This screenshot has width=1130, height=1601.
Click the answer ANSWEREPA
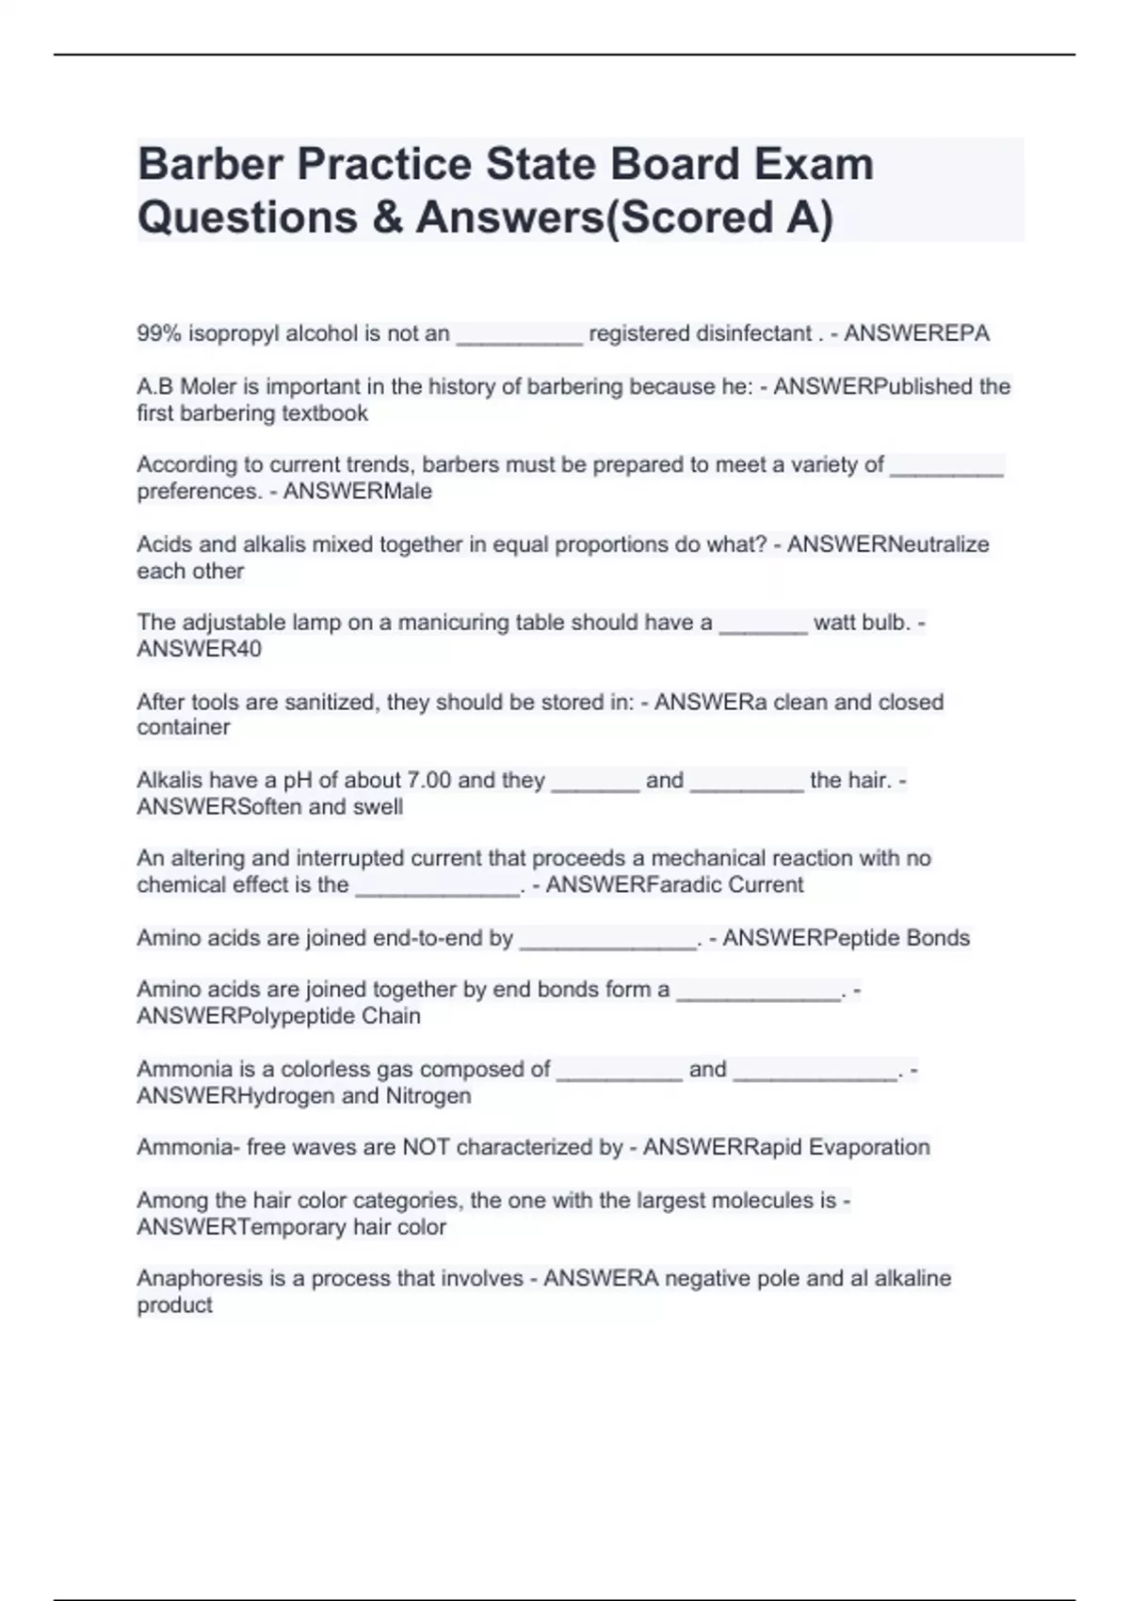click(916, 333)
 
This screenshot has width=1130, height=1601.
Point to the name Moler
click(207, 386)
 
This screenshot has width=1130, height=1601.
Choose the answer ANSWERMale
click(358, 491)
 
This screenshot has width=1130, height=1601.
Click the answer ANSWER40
click(200, 649)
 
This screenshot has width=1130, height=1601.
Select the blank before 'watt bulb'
click(763, 623)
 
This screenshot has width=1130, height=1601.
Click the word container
click(184, 727)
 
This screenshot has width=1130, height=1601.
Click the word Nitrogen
click(428, 1095)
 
